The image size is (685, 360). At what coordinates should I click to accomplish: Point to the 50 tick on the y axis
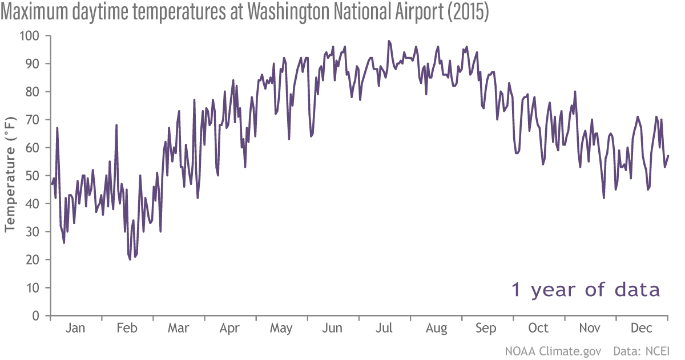[x=33, y=176]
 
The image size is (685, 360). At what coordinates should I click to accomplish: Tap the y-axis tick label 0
[x=35, y=315]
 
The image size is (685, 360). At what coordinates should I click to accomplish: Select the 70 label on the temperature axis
[x=33, y=120]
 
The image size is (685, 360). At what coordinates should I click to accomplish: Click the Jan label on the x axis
[x=75, y=329]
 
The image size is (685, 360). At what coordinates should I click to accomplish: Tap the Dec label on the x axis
[x=642, y=329]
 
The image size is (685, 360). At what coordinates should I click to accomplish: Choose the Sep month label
[x=486, y=329]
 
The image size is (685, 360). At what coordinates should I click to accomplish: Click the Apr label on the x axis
[x=229, y=329]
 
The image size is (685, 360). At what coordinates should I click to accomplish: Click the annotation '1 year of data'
[x=586, y=289]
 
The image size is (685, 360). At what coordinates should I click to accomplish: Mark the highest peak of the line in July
[x=389, y=41]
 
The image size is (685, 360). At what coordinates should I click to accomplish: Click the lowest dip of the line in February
[x=130, y=259]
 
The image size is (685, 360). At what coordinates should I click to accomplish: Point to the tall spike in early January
[x=57, y=128]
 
